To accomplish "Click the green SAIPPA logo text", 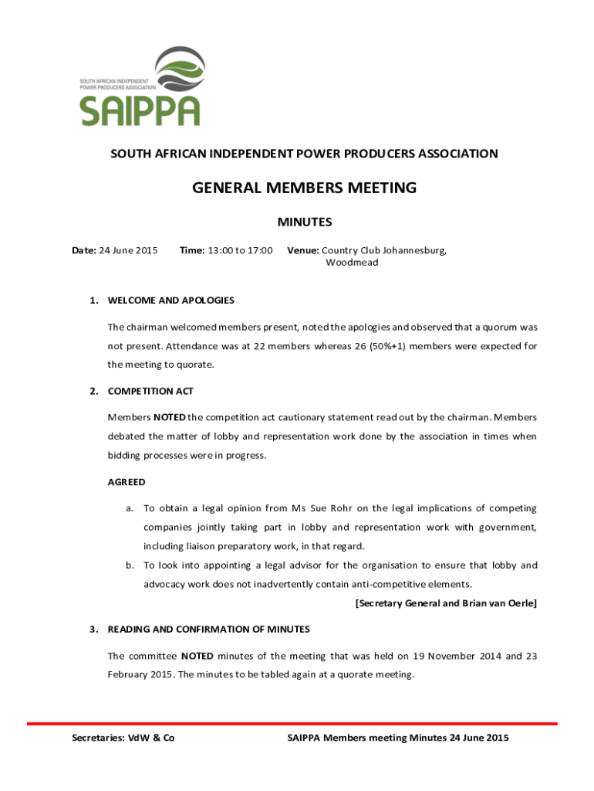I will pos(140,110).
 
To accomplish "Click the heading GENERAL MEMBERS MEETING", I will pos(304,187).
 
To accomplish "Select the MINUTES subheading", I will pos(304,222).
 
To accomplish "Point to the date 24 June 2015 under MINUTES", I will pos(129,250).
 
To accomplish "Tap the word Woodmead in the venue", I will pos(352,263).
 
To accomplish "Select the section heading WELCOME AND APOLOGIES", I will pos(170,300).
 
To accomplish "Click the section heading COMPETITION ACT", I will pos(150,391).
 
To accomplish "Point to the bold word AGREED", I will pos(127,482).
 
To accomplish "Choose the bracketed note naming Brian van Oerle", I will pos(445,603).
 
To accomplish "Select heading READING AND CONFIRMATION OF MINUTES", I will pos(208,630).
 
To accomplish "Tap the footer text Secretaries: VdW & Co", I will pos(123,738).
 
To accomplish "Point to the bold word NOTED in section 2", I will pos(169,417).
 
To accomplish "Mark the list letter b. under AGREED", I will pos(130,565).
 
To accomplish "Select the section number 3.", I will pos(92,630).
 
